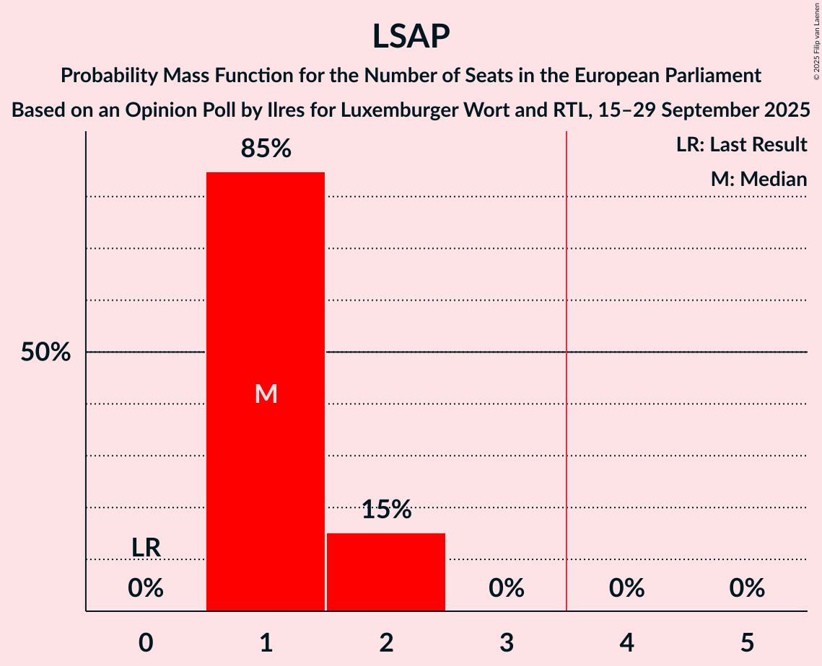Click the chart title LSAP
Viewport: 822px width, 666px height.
point(411,36)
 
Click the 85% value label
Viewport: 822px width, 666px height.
point(266,148)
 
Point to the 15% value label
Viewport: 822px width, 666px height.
point(386,510)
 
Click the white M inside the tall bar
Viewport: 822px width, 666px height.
point(266,394)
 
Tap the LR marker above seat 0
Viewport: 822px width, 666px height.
point(146,548)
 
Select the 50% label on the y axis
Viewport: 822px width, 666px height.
point(45,352)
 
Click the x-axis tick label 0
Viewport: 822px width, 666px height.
point(146,643)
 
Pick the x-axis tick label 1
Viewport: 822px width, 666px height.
point(266,643)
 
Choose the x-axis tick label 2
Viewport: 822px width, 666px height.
point(386,643)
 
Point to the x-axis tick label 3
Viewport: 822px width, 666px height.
point(506,643)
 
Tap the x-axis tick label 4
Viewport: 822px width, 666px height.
point(626,643)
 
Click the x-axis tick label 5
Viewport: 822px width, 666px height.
point(746,643)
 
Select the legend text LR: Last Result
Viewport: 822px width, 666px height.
point(741,145)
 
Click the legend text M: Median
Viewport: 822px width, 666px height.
point(758,179)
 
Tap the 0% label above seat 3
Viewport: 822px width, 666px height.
point(506,589)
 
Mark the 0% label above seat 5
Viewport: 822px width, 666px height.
point(746,589)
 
